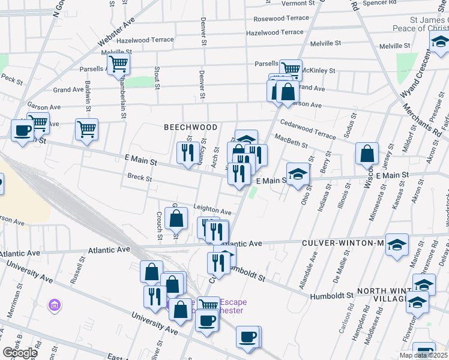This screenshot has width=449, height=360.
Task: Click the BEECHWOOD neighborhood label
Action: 190,127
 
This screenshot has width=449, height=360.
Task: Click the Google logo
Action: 20,353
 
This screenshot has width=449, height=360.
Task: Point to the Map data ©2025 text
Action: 423,355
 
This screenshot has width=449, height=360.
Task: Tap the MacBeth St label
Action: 291,142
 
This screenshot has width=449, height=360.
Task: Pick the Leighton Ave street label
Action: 212,209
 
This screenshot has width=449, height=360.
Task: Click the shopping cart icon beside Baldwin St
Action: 87,128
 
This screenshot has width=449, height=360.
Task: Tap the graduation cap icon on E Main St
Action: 297,174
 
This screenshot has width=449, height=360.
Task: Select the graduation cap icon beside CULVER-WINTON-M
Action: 397,245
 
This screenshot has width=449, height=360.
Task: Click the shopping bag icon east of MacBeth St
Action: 367,154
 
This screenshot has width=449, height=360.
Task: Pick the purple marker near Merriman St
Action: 54,306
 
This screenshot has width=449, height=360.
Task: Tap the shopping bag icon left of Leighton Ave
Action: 176,220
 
